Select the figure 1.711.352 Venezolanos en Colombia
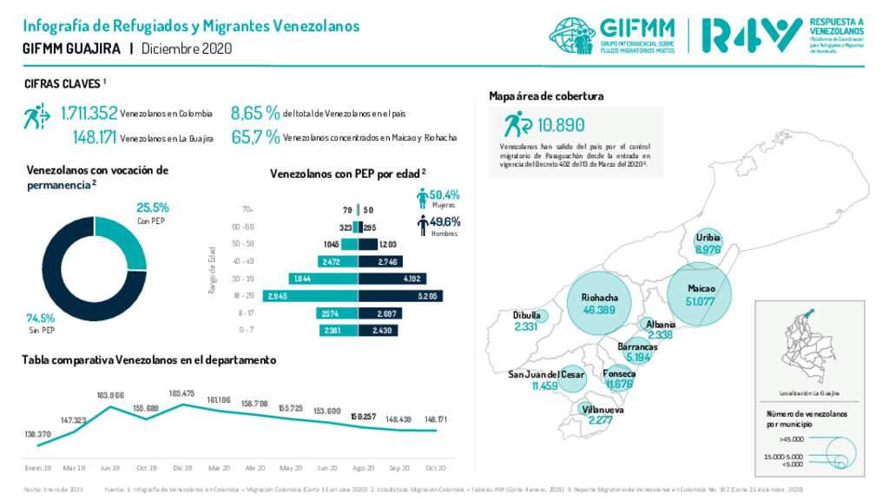(89, 113)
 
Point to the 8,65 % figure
(254, 113)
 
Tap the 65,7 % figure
(254, 137)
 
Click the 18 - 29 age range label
(248, 296)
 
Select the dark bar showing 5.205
(400, 296)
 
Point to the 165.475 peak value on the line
(182, 393)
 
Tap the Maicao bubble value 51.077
(701, 301)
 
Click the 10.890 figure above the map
(561, 124)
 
